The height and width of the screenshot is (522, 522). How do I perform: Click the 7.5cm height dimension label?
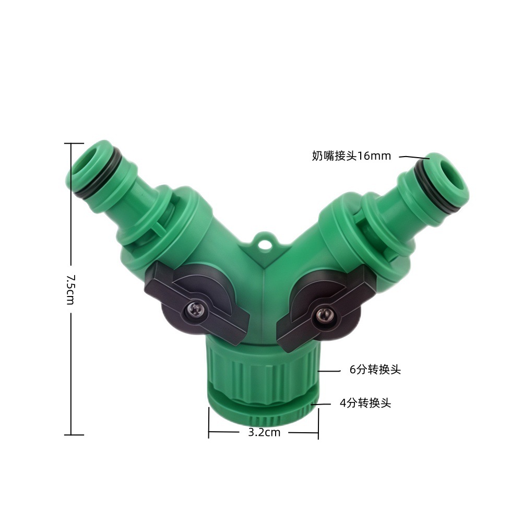click(x=70, y=289)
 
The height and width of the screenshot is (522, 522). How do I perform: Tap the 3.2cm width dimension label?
click(x=264, y=432)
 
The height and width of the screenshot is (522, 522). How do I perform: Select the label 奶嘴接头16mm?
click(x=351, y=156)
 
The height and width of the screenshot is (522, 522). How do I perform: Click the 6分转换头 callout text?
click(x=375, y=370)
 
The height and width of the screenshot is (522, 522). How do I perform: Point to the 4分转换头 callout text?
click(x=365, y=403)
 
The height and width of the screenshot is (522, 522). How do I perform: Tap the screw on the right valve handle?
click(x=323, y=314)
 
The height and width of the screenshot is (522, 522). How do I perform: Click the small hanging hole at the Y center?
click(x=265, y=242)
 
